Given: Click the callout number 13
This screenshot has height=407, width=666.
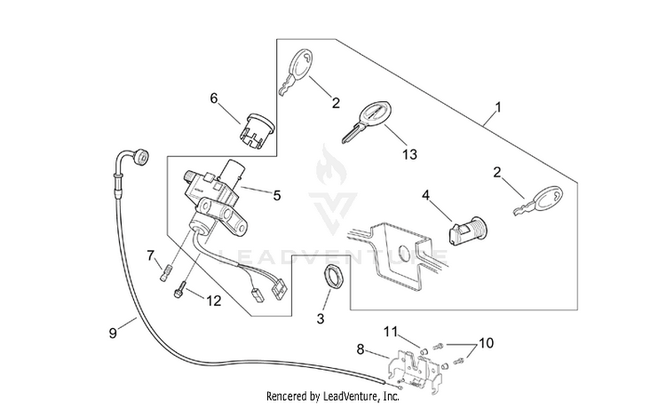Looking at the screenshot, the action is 410,154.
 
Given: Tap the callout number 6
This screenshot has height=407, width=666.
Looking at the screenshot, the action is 214,98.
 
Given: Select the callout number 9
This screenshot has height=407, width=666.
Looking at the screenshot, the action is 113,333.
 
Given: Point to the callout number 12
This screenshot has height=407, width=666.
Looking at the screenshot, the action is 214,301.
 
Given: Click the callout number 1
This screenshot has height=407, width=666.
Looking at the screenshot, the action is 499,107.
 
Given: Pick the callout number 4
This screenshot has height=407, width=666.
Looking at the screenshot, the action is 425,195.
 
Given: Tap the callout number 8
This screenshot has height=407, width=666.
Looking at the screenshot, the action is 361,349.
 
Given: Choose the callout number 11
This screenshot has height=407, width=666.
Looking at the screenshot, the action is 391,331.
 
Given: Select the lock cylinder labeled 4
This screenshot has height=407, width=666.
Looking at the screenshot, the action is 468,231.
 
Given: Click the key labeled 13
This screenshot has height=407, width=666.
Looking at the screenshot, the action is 366,122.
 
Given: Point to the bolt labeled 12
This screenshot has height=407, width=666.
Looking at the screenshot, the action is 178,290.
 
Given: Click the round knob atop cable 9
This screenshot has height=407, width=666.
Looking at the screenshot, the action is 140,157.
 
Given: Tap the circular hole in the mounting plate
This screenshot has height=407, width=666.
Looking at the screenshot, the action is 403,254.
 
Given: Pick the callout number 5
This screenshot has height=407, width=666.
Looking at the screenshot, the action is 277,195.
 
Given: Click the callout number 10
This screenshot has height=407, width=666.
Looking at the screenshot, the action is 487,343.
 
